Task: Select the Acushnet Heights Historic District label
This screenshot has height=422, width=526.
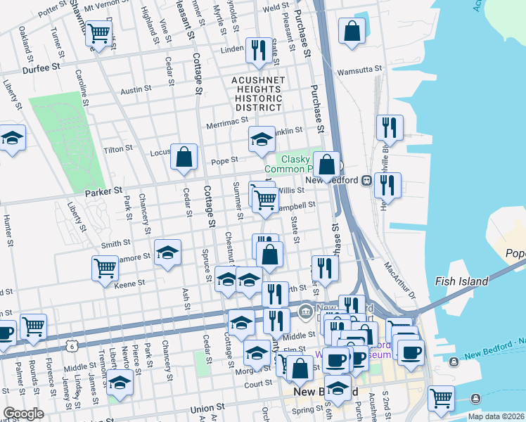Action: (x=259, y=94)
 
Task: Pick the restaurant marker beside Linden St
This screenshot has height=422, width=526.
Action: (x=259, y=50)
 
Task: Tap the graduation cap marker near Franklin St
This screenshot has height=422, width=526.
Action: (x=261, y=140)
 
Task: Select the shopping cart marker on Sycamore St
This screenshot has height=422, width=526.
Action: (x=105, y=268)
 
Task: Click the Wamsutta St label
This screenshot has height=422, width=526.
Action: (x=359, y=70)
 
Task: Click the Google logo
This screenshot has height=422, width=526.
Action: (x=23, y=414)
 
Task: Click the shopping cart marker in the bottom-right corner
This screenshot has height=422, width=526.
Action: (x=441, y=398)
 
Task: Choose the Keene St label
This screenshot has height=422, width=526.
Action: (x=129, y=283)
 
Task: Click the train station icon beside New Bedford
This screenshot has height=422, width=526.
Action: (x=366, y=180)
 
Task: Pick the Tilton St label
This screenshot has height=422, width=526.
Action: (x=118, y=149)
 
